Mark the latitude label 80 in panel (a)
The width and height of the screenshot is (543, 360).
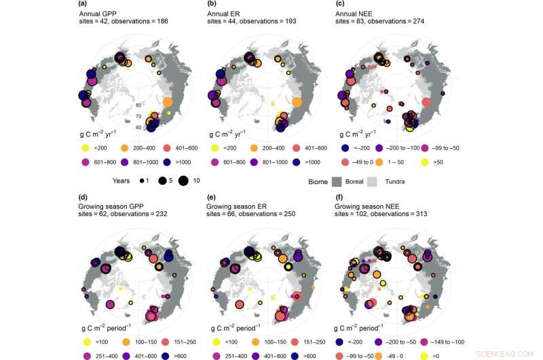(x=138, y=105)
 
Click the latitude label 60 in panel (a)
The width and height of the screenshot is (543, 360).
(x=138, y=127)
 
